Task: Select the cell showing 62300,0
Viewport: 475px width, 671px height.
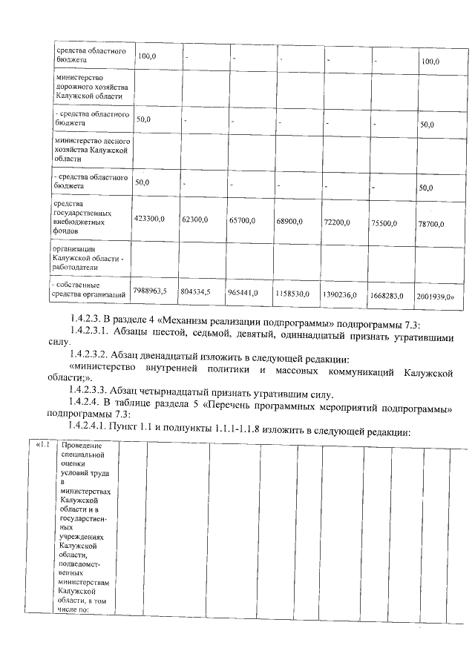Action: pos(195,219)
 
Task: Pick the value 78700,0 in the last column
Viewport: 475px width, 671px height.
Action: pos(431,223)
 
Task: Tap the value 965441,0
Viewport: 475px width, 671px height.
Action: pos(243,293)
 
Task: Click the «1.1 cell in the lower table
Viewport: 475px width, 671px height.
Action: pos(42,445)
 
